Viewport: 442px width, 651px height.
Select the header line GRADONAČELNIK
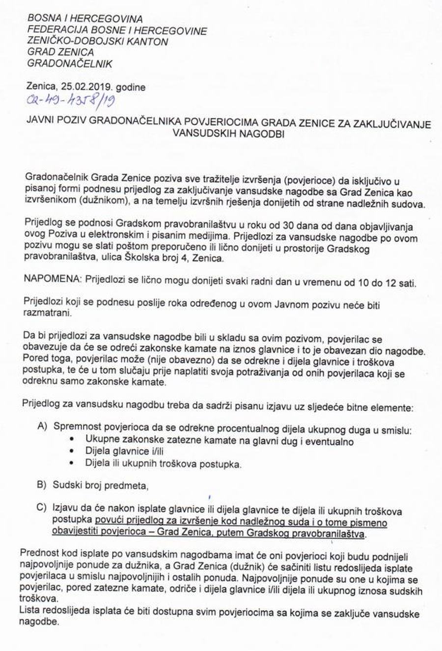70,63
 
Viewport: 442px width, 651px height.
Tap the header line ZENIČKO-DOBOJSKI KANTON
98,41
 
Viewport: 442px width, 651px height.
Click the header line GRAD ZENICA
60,52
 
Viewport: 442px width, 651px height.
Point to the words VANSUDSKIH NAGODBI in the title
228,134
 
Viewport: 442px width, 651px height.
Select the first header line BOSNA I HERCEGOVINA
85,20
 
